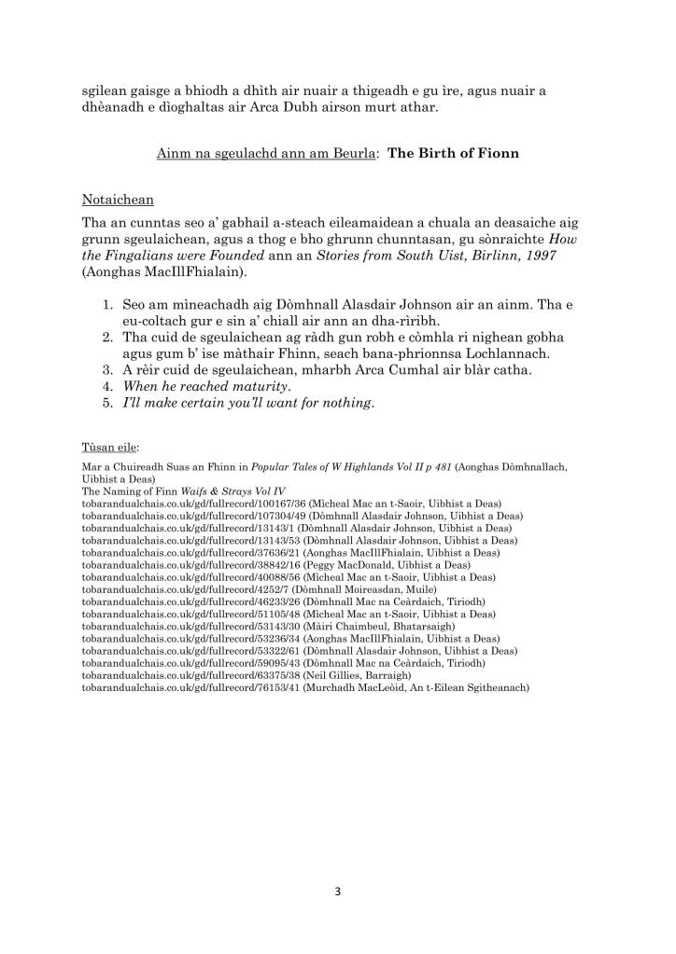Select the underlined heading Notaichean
[118, 200]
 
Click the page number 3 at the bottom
[338, 892]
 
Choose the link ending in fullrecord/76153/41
[183, 687]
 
